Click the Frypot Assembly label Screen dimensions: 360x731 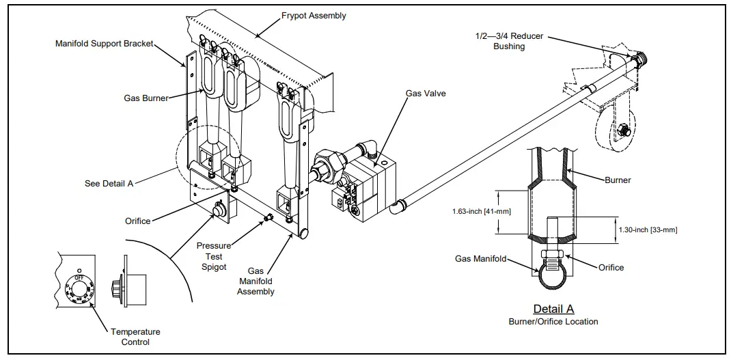pos(314,15)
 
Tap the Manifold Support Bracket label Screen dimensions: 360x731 pos(104,44)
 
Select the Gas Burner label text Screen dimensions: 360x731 pos(146,98)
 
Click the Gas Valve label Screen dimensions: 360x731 pos(425,93)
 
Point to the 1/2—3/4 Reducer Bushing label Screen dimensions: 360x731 pos(509,41)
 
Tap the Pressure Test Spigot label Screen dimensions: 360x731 pos(214,255)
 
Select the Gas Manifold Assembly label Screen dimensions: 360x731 pos(256,281)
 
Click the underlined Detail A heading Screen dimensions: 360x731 pos(553,309)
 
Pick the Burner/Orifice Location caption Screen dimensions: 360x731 pos(553,321)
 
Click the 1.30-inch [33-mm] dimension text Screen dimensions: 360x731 pos(646,230)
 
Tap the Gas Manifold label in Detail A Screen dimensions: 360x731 pos(481,259)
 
